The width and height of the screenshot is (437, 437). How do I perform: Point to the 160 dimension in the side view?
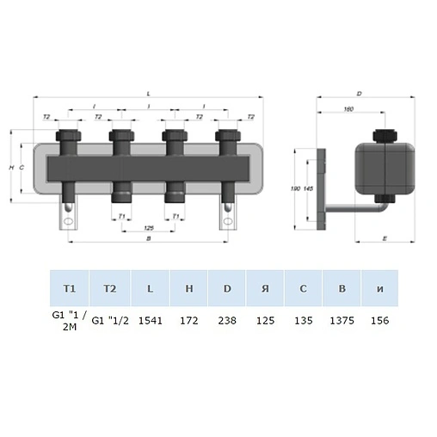point(348,108)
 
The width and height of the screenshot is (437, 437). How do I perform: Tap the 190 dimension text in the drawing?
point(296,187)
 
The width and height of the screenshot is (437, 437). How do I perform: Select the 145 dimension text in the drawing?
point(308,188)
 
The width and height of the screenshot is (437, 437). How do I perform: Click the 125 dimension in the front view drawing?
point(149,227)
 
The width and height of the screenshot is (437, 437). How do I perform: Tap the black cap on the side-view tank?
point(384,137)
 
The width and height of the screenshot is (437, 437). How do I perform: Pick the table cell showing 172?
point(189,319)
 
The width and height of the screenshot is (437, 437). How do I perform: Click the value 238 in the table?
point(227,319)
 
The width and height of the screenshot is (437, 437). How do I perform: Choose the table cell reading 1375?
point(342,319)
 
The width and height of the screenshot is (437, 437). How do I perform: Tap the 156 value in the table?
point(379,319)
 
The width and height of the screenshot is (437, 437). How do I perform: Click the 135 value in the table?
point(304,319)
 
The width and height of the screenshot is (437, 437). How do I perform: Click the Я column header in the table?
point(265,287)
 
